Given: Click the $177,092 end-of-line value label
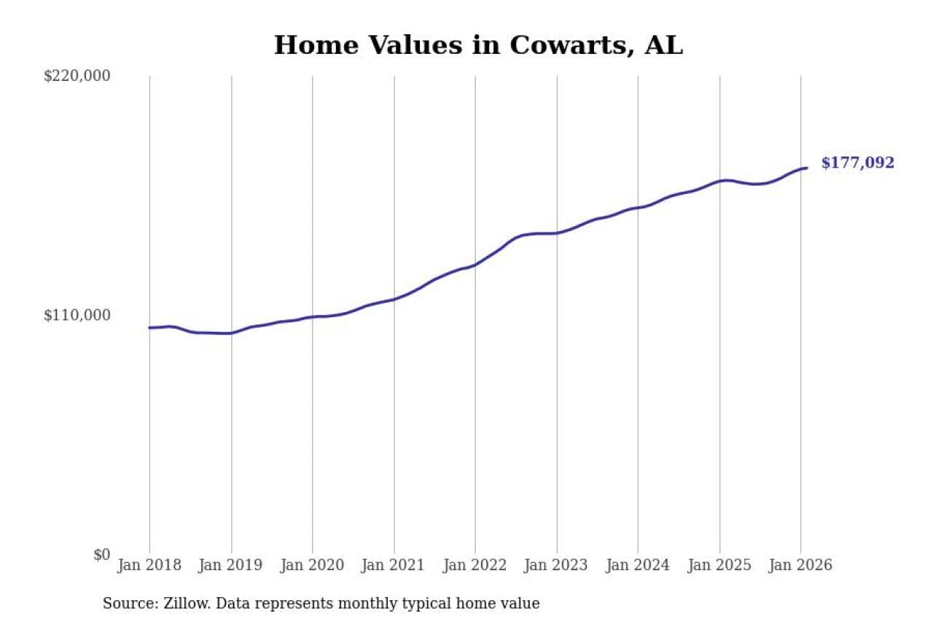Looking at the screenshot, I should tap(857, 163).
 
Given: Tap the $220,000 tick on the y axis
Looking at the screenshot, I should tap(77, 76).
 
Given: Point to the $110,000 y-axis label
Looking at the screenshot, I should tap(77, 315).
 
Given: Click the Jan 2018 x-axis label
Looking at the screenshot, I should tap(149, 565).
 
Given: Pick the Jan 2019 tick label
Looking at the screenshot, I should tap(231, 565).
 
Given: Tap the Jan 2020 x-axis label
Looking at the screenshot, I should tap(313, 565).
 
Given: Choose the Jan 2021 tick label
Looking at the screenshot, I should tap(394, 565).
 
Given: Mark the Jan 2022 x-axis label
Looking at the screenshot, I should tap(475, 565).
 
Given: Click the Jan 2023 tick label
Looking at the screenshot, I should tap(557, 565).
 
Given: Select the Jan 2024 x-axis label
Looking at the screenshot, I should tap(638, 565).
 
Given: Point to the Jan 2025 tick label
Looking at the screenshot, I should tap(719, 565).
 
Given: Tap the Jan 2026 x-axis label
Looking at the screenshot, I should tap(800, 565).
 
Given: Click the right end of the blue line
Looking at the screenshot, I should tap(806, 168).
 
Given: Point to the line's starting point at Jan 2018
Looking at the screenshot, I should tap(149, 327).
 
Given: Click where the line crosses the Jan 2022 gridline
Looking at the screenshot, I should tap(475, 265).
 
